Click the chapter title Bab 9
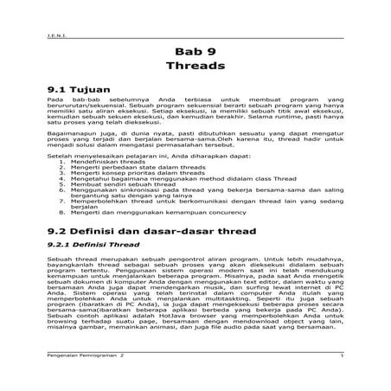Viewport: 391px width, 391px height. click(x=195, y=49)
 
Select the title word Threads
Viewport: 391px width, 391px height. click(x=195, y=66)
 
